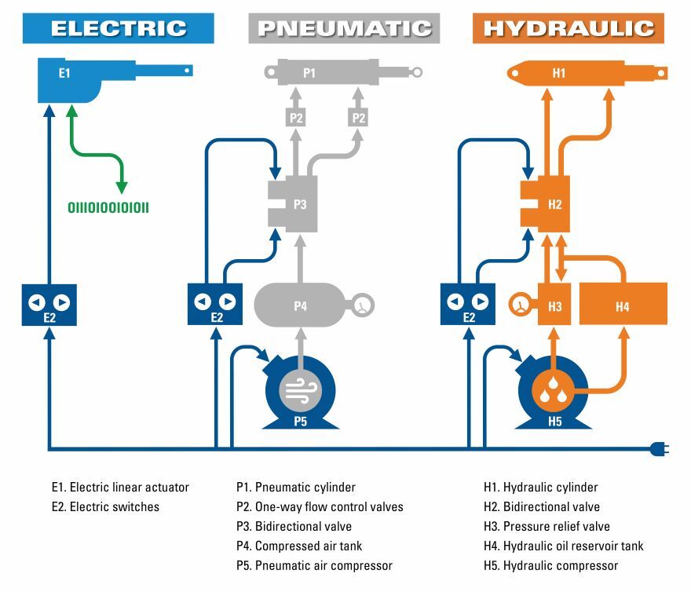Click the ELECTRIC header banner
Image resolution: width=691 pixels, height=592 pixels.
point(119,28)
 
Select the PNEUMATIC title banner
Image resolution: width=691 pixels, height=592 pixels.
point(344,28)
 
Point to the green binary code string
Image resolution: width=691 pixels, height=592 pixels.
point(108,208)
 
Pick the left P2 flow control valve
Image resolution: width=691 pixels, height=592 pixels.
point(296,118)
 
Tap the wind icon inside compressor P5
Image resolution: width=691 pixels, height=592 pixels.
point(300,389)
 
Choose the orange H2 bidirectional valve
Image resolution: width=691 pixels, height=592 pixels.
point(550,204)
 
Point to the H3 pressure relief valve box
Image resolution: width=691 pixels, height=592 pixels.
point(554,305)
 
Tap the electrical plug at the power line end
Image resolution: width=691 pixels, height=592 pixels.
point(658,450)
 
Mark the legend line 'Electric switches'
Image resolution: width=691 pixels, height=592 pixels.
point(114,506)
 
